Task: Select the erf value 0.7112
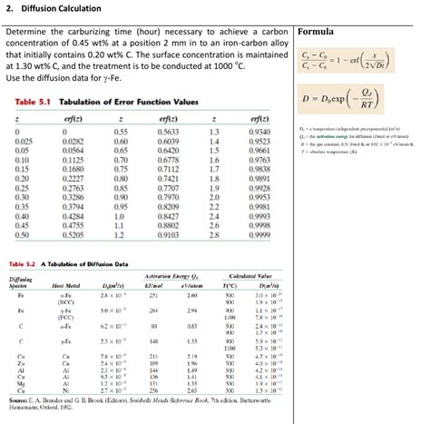click(167, 169)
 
